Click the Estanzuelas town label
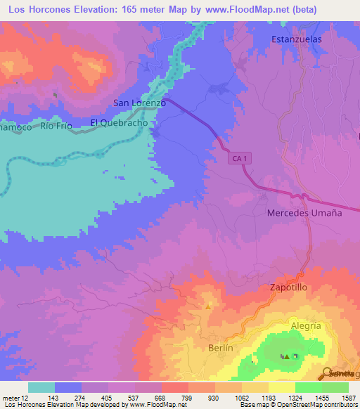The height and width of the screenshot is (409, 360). point(296,39)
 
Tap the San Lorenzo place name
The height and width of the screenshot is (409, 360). point(139,103)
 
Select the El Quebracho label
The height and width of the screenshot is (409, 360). point(119,122)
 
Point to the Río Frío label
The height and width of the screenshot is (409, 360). point(56,126)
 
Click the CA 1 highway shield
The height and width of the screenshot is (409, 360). point(239,160)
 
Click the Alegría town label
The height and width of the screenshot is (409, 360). point(306,326)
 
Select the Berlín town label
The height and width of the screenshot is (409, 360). point(220,348)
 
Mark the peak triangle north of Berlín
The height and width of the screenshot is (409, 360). point(207,306)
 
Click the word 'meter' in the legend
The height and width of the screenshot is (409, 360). point(9,397)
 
